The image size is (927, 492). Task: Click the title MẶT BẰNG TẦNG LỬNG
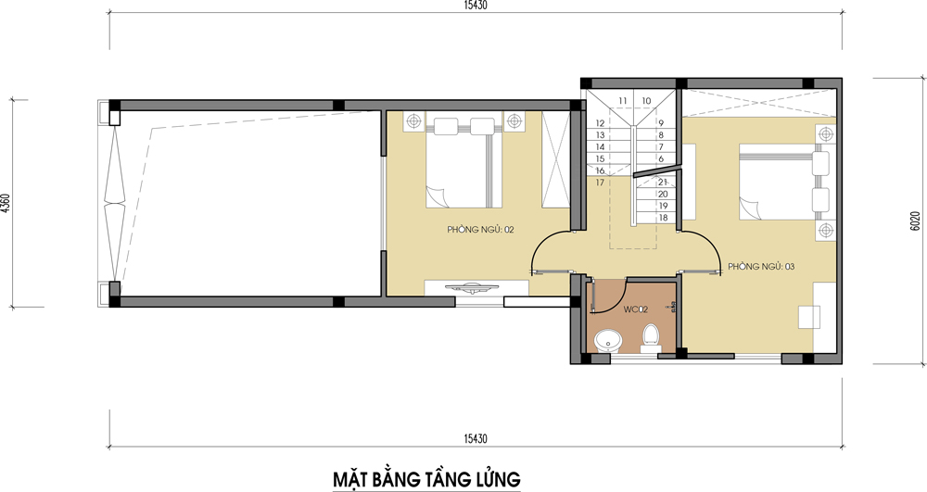pyautogui.click(x=425, y=478)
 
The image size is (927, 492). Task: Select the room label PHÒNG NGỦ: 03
pyautogui.click(x=760, y=267)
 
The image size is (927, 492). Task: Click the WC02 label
pyautogui.click(x=635, y=309)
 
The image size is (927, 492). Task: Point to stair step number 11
pyautogui.click(x=623, y=101)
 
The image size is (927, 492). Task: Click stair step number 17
pyautogui.click(x=600, y=183)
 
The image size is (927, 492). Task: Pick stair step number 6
pyautogui.click(x=661, y=158)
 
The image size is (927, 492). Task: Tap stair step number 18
pyautogui.click(x=663, y=218)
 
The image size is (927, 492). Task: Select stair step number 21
pyautogui.click(x=663, y=183)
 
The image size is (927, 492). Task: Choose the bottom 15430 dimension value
pyautogui.click(x=476, y=437)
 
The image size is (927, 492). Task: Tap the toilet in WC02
pyautogui.click(x=651, y=337)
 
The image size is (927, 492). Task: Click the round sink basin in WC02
pyautogui.click(x=608, y=341)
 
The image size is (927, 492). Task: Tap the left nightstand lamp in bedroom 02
pyautogui.click(x=412, y=120)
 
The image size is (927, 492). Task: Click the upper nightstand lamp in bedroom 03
pyautogui.click(x=822, y=133)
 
